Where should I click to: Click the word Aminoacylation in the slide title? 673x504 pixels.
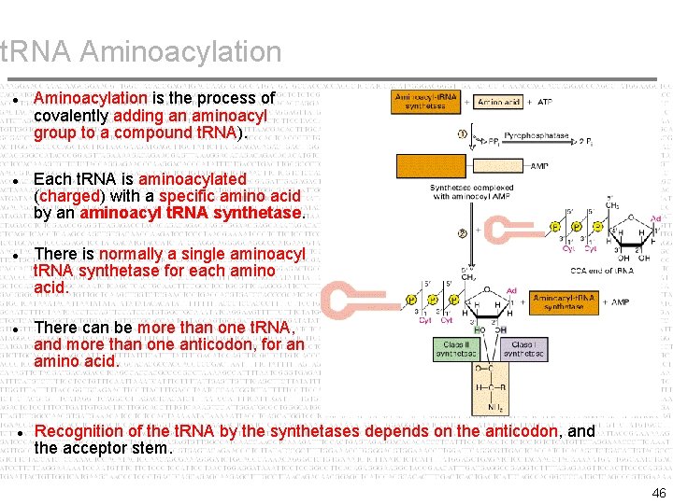(180, 52)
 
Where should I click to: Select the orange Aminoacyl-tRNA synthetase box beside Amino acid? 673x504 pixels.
(426, 102)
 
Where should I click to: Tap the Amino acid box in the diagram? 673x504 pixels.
(499, 102)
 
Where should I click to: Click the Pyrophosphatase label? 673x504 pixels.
(536, 136)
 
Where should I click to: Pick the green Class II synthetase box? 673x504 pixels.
(462, 350)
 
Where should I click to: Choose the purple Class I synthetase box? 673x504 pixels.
(523, 350)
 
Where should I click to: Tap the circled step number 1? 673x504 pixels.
(462, 134)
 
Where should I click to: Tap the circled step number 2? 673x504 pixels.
(462, 233)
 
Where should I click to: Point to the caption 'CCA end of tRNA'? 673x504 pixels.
(601, 271)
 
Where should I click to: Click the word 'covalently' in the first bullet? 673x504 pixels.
(71, 116)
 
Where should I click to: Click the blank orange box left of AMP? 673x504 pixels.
(433, 166)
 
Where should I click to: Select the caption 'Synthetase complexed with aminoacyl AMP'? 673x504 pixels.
(471, 193)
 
